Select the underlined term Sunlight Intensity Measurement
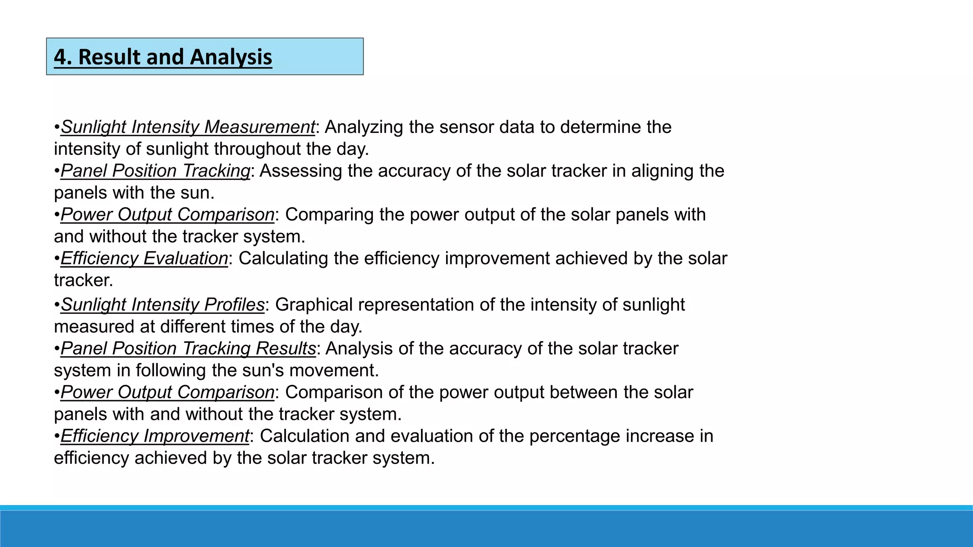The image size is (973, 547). pos(188,127)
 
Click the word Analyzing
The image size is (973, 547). pos(364,127)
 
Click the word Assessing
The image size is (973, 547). pos(300,171)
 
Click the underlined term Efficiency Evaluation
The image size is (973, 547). pos(144,258)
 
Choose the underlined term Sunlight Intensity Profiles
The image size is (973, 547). pos(162,305)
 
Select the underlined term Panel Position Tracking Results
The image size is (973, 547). pos(188,349)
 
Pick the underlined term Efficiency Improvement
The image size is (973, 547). pos(154,436)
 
